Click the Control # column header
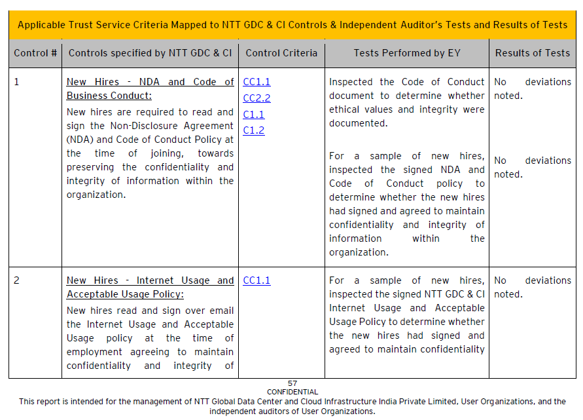pos(35,53)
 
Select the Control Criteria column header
pos(281,53)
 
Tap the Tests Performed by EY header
pos(407,53)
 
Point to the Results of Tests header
pos(532,53)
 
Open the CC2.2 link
pos(256,98)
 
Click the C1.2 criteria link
pos(254,130)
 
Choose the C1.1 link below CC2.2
pos(254,115)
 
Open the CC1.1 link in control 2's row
pos(256,280)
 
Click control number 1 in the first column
pos(17,82)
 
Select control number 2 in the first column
pos(17,280)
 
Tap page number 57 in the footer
pos(292,383)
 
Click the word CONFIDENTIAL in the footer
pos(292,392)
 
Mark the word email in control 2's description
pos(221,311)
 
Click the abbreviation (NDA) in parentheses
pos(80,140)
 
